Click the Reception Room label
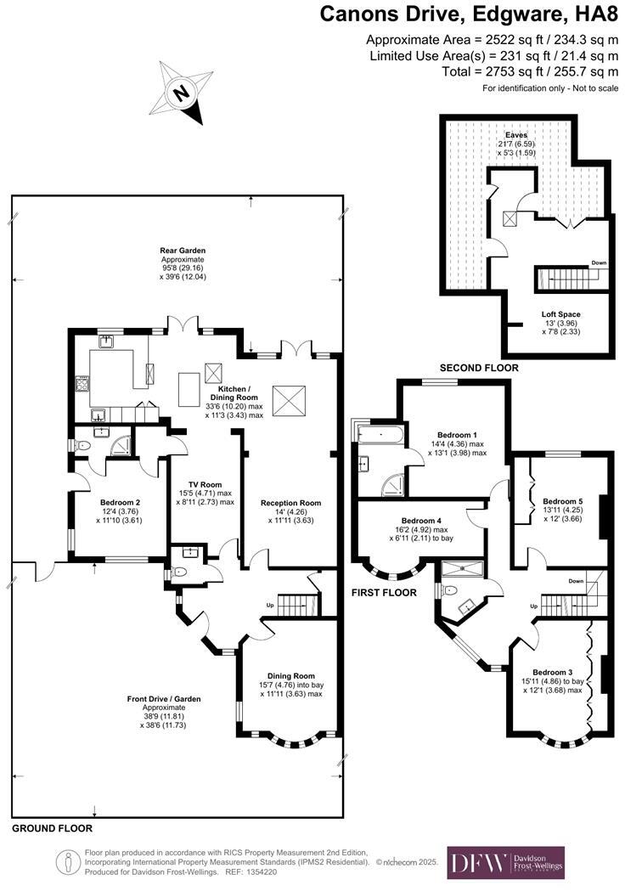tap(291, 502)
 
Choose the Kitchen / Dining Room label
tap(234, 392)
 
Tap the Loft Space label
tap(561, 314)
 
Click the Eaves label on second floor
tap(516, 135)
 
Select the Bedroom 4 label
tap(421, 520)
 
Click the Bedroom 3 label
tap(553, 671)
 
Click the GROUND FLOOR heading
tap(52, 827)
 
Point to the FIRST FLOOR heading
tap(385, 592)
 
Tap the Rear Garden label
tap(183, 251)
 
